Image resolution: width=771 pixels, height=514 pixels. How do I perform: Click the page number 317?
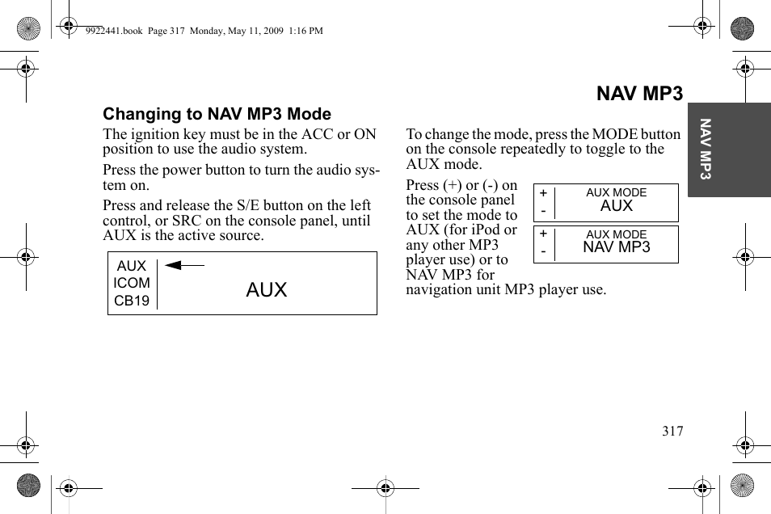[x=672, y=431]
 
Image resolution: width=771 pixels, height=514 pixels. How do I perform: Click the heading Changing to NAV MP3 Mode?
[x=217, y=114]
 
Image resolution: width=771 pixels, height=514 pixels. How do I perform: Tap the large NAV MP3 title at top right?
[x=639, y=94]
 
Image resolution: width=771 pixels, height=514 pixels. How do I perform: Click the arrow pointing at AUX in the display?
[x=184, y=264]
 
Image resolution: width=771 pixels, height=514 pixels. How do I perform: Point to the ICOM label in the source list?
[x=132, y=283]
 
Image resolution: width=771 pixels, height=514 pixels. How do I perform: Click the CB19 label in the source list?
[x=132, y=301]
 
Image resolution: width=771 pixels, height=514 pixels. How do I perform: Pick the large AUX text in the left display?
[x=267, y=290]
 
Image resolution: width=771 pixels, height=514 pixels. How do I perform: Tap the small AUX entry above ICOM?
[x=132, y=266]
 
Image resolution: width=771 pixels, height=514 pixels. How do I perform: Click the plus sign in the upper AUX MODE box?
[x=543, y=193]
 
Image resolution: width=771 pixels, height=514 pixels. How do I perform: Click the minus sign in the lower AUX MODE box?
[x=543, y=252]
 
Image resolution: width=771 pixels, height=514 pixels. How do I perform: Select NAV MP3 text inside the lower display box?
[x=617, y=248]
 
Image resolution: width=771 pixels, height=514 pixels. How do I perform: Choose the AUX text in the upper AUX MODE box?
[x=617, y=206]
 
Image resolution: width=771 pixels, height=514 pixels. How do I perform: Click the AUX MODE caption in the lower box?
[x=617, y=235]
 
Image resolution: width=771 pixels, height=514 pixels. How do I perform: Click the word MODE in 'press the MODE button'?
[x=615, y=134]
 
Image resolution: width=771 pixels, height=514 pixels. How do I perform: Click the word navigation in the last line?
[x=440, y=289]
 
